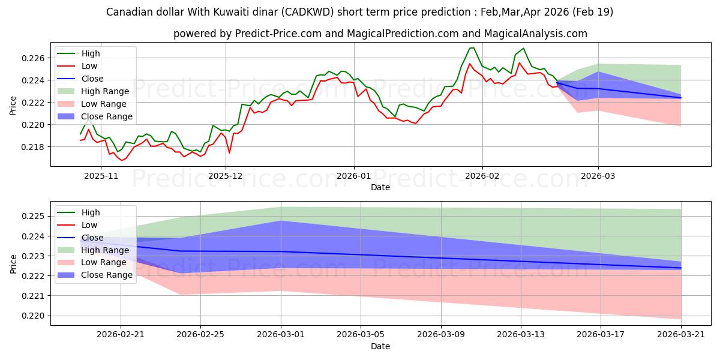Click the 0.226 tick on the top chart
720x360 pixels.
[33, 58]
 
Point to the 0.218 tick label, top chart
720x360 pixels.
[33, 147]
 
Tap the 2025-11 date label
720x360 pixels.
[101, 176]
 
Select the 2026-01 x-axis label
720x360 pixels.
[353, 176]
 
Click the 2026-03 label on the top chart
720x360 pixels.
[598, 176]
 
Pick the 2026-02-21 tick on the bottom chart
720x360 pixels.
[121, 335]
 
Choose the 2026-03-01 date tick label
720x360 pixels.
[281, 335]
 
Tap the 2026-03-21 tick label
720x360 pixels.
[681, 335]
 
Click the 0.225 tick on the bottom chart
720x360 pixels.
[33, 217]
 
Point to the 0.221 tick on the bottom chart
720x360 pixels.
[33, 296]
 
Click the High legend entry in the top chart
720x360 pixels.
[91, 53]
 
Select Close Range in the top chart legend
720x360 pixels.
[107, 116]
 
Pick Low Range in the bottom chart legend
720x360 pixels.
[103, 263]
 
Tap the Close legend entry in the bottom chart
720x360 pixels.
[92, 238]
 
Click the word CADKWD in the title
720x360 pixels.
[308, 12]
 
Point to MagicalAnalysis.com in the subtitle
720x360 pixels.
[535, 34]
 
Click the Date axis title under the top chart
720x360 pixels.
[380, 187]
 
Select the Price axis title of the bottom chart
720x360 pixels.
[13, 264]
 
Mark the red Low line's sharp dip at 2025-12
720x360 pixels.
[229, 153]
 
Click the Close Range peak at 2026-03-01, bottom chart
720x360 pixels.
[281, 221]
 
